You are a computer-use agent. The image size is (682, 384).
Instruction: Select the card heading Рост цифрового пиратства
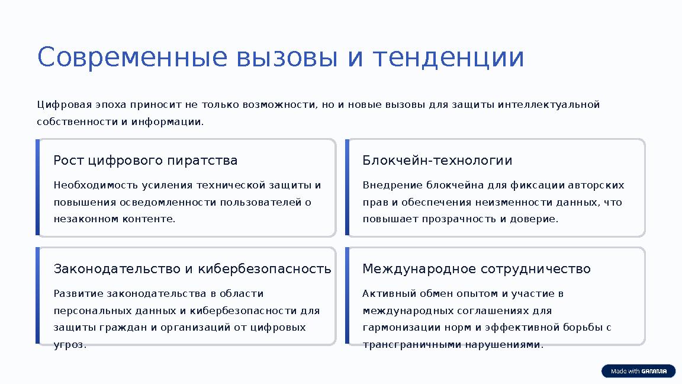pyautogui.click(x=145, y=161)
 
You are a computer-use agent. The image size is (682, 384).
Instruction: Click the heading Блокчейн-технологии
pyautogui.click(x=437, y=161)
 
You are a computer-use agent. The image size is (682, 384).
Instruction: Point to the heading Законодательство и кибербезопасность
pyautogui.click(x=192, y=269)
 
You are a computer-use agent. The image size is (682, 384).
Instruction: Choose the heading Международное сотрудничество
pyautogui.click(x=476, y=269)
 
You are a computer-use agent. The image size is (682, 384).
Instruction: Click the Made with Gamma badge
pyautogui.click(x=638, y=371)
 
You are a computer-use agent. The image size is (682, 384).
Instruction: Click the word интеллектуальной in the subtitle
pyautogui.click(x=549, y=105)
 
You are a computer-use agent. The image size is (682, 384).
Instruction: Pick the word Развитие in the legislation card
pyautogui.click(x=78, y=294)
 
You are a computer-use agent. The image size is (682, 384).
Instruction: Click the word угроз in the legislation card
pyautogui.click(x=69, y=345)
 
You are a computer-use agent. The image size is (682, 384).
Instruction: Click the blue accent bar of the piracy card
pyautogui.click(x=37, y=187)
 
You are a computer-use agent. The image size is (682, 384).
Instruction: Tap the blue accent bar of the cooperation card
pyautogui.click(x=347, y=296)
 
